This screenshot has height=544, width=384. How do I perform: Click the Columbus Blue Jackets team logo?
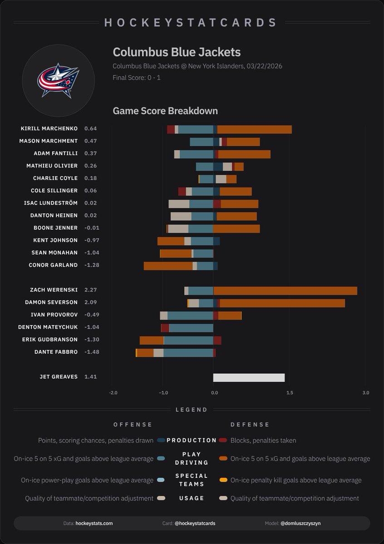[58, 81]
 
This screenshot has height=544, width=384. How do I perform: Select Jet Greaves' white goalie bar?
[249, 378]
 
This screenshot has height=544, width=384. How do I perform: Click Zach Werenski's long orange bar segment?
[285, 291]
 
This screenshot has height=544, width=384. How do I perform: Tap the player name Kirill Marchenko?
[49, 129]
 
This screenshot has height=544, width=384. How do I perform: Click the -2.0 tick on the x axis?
[113, 393]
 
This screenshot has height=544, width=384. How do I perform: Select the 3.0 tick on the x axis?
[365, 393]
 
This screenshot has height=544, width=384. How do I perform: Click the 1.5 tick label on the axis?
[290, 393]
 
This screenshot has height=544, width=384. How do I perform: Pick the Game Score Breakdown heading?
[165, 111]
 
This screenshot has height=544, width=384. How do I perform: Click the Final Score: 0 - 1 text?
[137, 78]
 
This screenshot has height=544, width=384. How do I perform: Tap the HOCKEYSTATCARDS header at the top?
[191, 23]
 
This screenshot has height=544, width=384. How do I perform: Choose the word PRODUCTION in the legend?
[192, 440]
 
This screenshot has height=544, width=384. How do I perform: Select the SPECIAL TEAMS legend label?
[192, 480]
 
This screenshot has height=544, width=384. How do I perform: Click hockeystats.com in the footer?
[94, 523]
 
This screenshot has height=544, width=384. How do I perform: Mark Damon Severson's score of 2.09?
[91, 302]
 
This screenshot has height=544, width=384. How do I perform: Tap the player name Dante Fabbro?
[56, 352]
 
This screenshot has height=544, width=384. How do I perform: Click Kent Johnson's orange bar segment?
[171, 241]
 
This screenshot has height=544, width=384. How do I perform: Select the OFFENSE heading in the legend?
[133, 425]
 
